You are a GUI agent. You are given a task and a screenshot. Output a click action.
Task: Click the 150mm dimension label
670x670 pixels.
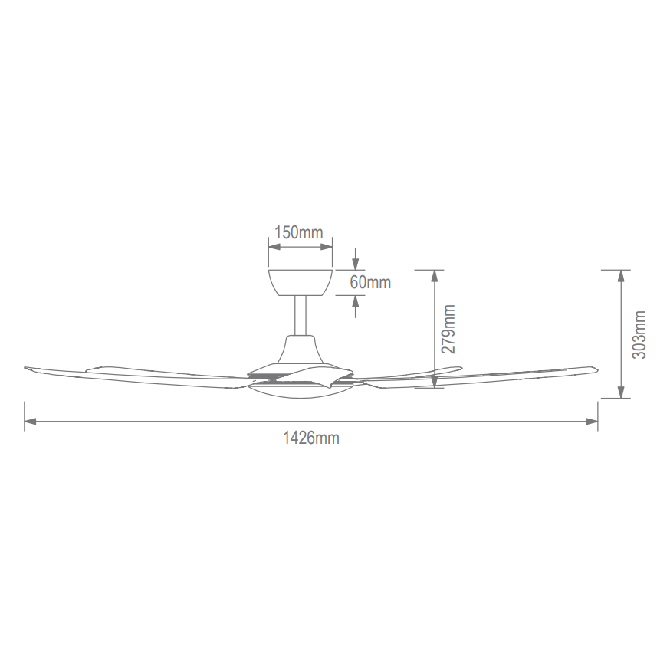coord(299,233)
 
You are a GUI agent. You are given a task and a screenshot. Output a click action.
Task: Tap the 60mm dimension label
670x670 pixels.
coord(370,282)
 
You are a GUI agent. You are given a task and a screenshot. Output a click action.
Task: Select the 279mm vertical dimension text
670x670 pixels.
coord(448,329)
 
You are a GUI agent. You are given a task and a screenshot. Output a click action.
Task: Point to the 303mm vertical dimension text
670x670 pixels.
coord(639,334)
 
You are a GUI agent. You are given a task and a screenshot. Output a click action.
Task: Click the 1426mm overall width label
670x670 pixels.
coord(311,438)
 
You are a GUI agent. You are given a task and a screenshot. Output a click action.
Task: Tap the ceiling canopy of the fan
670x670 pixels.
coord(301,282)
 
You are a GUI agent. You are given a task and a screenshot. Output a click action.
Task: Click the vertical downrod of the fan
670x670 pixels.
coord(301,315)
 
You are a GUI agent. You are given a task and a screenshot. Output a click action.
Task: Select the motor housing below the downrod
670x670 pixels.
coord(301,350)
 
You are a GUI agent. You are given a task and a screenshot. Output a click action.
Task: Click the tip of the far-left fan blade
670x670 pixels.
coord(25,368)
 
